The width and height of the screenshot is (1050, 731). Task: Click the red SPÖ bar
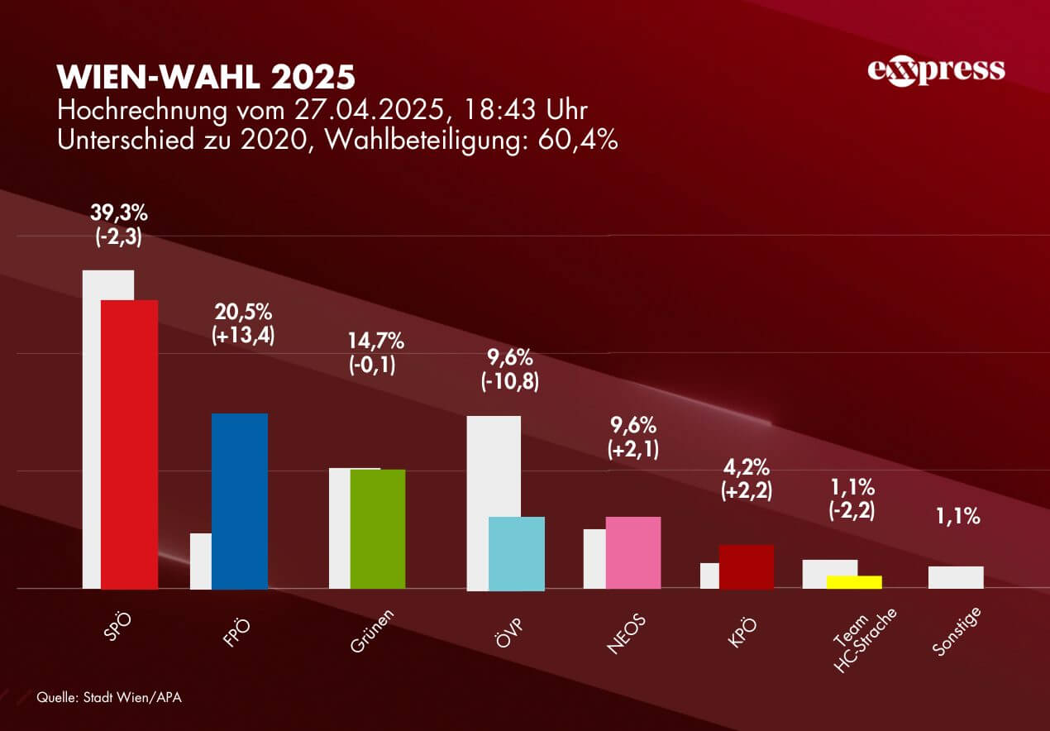(x=129, y=444)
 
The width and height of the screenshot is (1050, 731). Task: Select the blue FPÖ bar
(x=240, y=501)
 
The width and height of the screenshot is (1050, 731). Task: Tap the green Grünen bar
(x=378, y=528)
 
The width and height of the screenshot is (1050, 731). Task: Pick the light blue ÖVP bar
(x=517, y=553)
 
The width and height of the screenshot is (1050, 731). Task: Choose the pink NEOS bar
(x=633, y=552)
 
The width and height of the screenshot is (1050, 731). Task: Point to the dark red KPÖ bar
(x=747, y=566)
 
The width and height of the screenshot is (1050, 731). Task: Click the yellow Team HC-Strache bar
(x=855, y=581)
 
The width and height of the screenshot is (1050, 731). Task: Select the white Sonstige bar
(x=956, y=577)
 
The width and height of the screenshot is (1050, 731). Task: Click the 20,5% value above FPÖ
(x=243, y=312)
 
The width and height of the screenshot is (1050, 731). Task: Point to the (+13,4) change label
(x=243, y=336)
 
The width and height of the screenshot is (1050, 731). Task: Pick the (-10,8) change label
(x=509, y=384)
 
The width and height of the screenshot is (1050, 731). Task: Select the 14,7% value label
(x=376, y=340)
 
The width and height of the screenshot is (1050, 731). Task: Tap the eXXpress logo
(x=936, y=70)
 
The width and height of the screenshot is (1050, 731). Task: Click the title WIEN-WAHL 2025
(x=206, y=76)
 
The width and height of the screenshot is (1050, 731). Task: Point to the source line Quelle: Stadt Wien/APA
(x=108, y=697)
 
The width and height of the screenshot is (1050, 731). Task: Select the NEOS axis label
(x=626, y=634)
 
